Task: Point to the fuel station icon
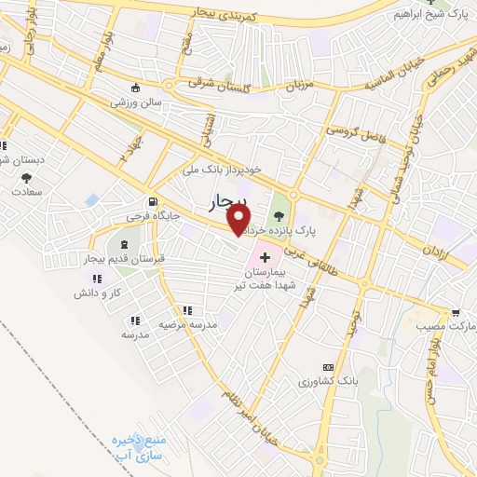(x=149, y=201)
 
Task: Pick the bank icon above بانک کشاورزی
(x=327, y=368)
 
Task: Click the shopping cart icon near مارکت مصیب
(x=454, y=314)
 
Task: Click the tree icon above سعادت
(x=26, y=176)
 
